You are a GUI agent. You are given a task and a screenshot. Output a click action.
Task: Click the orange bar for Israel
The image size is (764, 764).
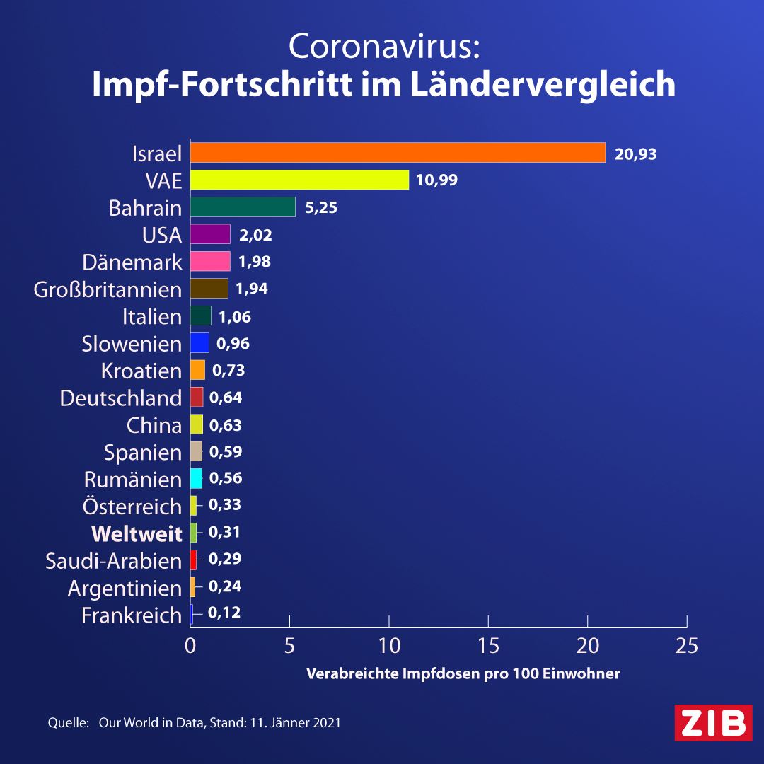point(398,153)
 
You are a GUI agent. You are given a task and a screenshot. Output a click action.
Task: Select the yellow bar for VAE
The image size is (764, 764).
point(299,180)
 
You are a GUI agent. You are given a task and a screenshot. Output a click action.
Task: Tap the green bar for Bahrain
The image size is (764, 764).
point(243,207)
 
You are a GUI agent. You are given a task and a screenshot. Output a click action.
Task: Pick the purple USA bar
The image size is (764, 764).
point(210,234)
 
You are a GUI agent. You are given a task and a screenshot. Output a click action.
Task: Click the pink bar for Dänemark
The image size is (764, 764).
point(210,261)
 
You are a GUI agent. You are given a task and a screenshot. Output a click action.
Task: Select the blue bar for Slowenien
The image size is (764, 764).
point(199,342)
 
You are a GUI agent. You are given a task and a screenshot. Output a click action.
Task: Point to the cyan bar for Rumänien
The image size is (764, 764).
point(196,478)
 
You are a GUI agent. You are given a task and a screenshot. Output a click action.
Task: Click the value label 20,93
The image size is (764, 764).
point(635,154)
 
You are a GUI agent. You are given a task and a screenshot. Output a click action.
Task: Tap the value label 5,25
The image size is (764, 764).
point(321,208)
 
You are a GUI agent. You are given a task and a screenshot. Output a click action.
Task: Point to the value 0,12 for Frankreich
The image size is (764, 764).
point(224,613)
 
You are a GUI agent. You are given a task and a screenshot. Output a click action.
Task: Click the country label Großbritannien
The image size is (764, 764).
point(108,289)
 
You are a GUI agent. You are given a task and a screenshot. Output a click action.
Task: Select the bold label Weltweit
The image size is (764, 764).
point(137,534)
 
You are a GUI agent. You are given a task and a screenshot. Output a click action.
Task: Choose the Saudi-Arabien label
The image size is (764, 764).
point(113,561)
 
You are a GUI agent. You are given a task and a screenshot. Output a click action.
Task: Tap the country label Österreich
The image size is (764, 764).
point(132,507)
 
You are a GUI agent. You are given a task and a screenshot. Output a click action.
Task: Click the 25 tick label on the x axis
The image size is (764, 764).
point(687,646)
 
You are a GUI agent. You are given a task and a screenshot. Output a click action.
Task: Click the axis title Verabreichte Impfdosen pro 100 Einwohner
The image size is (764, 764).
point(463,674)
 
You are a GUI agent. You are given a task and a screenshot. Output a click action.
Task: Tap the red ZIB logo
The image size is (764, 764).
point(713,722)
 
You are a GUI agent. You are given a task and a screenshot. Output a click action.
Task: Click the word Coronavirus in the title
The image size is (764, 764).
point(384,46)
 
